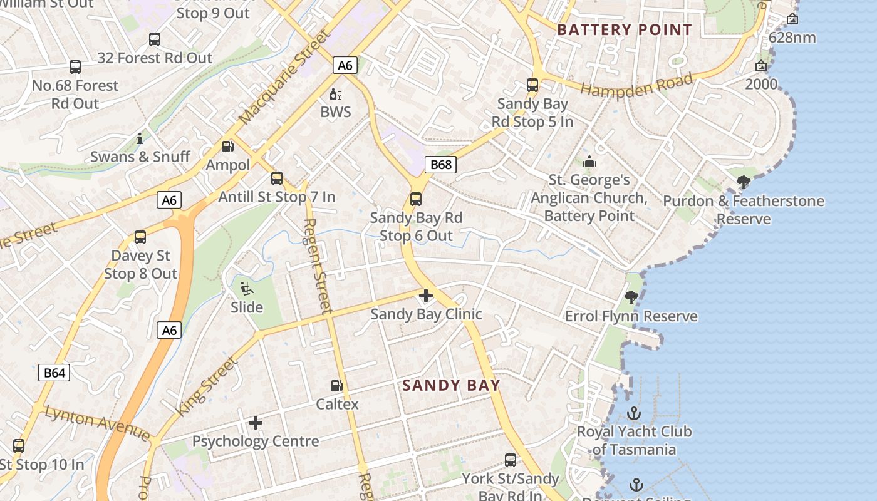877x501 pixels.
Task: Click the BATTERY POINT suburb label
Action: pos(624,29)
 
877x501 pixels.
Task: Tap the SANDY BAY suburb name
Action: pos(451,385)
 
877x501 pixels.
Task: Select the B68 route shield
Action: pos(440,165)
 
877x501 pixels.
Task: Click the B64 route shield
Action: pos(54,373)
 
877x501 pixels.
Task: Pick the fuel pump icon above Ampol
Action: pos(228,147)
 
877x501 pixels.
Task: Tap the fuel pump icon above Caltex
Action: pos(337,386)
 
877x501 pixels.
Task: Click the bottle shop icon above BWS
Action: pos(336,94)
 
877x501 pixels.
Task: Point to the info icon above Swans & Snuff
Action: pos(140,138)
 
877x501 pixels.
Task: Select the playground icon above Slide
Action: pos(247,289)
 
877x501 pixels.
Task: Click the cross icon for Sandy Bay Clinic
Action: pos(426,296)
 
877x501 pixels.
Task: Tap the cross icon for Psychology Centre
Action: pos(256,423)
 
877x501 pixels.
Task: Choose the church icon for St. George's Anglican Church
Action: pos(589,162)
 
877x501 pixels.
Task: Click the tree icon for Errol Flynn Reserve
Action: pos(631,297)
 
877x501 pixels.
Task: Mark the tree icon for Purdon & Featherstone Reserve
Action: pos(744,182)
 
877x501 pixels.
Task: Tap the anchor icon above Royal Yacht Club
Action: pos(634,413)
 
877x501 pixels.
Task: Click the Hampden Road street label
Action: pos(636,85)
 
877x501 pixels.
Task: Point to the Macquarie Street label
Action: pos(284,76)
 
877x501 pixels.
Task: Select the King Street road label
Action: pos(207,386)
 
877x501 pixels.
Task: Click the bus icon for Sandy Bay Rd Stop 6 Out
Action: pos(416,199)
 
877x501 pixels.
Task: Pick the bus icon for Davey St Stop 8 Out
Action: pos(140,237)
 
